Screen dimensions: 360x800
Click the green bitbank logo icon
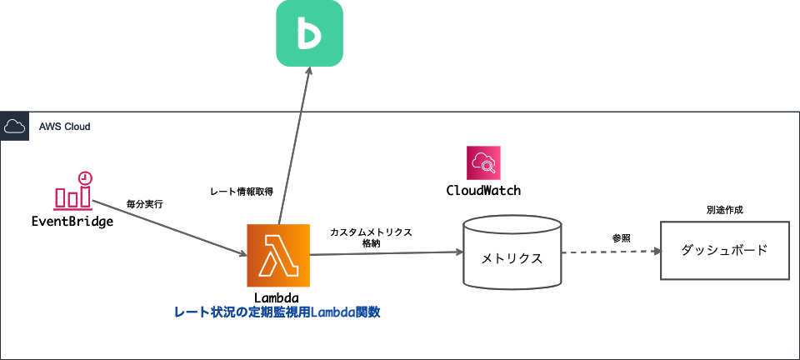coord(310,33)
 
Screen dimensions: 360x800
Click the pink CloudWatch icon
coord(483,162)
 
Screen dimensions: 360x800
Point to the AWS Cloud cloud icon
coord(13,127)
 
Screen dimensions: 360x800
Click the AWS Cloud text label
coord(64,127)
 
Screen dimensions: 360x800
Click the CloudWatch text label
coord(483,191)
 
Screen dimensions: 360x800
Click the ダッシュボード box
coord(724,250)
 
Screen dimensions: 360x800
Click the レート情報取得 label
coord(242,192)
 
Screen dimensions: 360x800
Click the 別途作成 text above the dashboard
coord(724,210)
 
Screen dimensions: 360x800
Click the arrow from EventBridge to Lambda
coord(167,226)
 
